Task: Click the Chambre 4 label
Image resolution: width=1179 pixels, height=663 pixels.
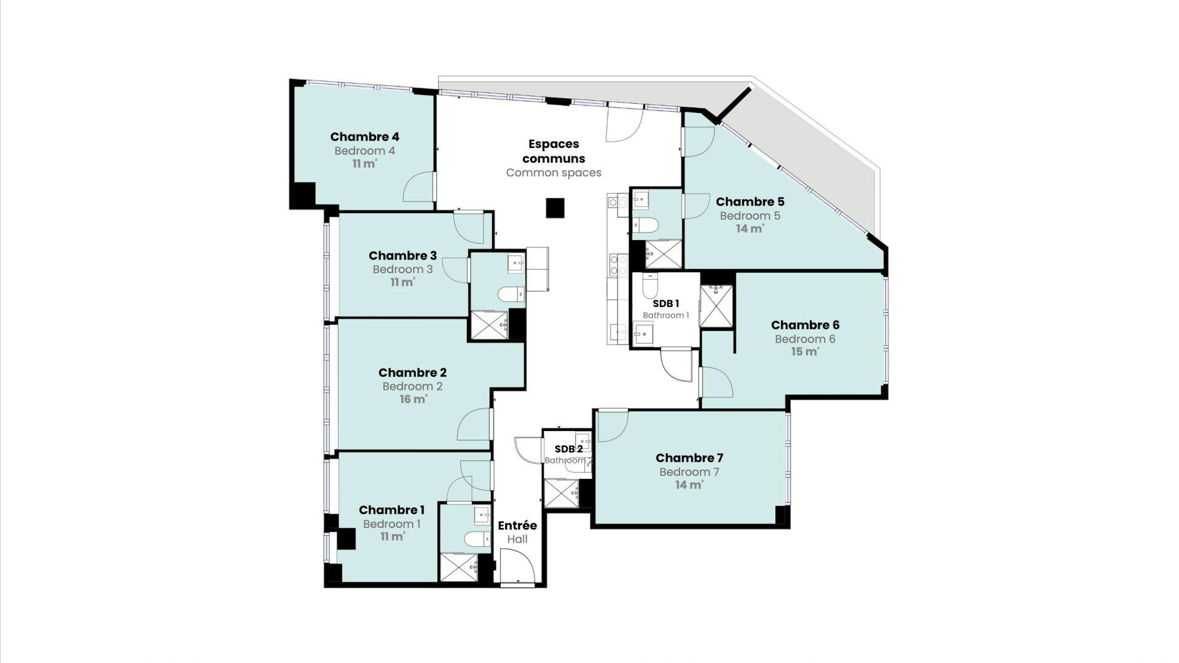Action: [364, 137]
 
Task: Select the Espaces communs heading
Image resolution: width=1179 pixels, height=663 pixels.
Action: [554, 151]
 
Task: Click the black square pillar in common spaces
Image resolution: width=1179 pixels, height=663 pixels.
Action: [555, 208]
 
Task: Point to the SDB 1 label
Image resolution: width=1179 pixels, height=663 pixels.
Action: [666, 303]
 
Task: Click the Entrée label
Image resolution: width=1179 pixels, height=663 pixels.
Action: [517, 525]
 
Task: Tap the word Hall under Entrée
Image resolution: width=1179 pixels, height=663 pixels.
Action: [517, 540]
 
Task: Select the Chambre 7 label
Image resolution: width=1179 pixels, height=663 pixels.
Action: [689, 458]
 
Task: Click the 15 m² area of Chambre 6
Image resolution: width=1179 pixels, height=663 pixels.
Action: [805, 352]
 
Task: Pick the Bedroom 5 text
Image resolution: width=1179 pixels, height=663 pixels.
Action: [750, 215]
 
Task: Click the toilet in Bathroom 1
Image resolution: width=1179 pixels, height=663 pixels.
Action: [650, 285]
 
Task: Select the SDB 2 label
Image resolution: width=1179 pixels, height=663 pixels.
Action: [568, 449]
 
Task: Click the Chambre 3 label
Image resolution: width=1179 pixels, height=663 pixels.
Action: [402, 255]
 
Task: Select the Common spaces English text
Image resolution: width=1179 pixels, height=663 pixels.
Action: [554, 173]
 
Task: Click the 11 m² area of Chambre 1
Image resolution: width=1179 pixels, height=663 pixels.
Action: [392, 537]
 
